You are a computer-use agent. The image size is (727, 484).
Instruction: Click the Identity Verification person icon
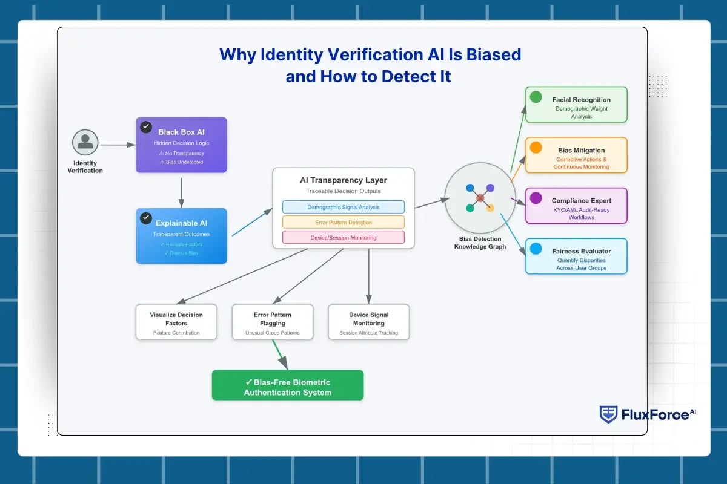click(85, 143)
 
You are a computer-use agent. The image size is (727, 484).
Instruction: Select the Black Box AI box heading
click(181, 132)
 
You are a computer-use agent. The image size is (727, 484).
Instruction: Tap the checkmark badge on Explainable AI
click(146, 218)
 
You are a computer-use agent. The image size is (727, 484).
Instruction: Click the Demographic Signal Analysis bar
click(343, 207)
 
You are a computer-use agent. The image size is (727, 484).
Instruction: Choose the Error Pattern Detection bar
click(343, 222)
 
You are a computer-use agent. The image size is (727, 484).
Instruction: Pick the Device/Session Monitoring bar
click(343, 237)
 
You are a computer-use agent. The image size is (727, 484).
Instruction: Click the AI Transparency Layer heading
click(343, 180)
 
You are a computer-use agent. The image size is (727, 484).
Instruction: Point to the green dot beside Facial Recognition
click(536, 97)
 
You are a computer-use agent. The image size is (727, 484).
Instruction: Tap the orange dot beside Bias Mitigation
click(536, 147)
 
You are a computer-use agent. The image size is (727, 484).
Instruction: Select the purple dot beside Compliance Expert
click(536, 198)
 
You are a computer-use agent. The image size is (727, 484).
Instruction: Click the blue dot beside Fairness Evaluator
click(536, 248)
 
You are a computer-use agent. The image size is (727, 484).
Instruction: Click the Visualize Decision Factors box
click(176, 322)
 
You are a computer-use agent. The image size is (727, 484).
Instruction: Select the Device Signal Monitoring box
click(368, 322)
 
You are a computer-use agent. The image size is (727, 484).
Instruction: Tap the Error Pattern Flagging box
click(272, 322)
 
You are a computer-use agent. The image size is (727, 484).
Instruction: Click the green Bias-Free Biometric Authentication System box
click(287, 385)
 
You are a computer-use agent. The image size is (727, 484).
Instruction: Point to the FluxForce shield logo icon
click(608, 414)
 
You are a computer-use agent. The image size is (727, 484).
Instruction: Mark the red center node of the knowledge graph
click(480, 198)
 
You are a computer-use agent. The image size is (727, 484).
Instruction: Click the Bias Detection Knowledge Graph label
click(480, 243)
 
